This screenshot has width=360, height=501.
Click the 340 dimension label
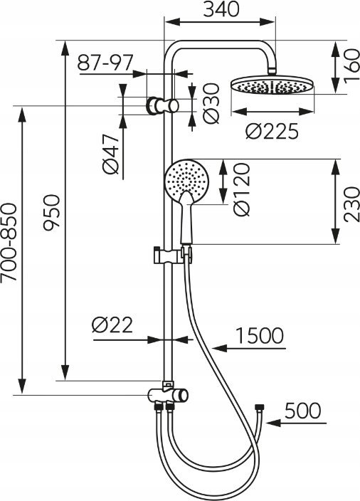[x=221, y=9]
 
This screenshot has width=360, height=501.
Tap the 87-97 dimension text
[x=105, y=63]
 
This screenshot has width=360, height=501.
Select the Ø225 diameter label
[x=272, y=131]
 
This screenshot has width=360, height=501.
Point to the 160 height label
[x=351, y=66]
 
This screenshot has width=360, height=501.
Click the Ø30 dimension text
[x=211, y=103]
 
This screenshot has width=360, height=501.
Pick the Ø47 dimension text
[x=111, y=154]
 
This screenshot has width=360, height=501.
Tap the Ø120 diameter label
[x=241, y=189]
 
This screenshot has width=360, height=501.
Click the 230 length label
[x=351, y=204]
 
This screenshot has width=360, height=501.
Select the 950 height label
[x=52, y=213]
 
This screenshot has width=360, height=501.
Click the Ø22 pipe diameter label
[x=112, y=325]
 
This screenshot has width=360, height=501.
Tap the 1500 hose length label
[x=259, y=336]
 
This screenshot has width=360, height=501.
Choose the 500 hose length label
[x=302, y=411]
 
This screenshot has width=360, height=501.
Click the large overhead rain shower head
[x=272, y=85]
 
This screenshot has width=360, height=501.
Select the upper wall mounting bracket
[x=162, y=105]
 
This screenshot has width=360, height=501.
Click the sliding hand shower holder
[x=173, y=255]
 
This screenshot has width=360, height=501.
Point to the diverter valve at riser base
[x=168, y=395]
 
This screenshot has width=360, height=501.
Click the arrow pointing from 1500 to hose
[x=249, y=348]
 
